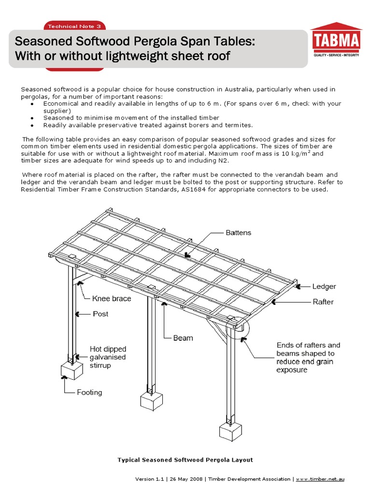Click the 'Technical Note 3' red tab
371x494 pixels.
coord(74,26)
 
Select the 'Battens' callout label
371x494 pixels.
coord(239,233)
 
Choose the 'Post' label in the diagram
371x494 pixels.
coord(100,314)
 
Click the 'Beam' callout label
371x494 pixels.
coord(183,338)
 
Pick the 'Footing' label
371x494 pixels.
coord(89,392)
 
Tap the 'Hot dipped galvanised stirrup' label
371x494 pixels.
coord(108,357)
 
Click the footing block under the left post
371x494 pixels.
coord(71,371)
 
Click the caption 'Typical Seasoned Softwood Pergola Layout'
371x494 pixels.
coord(185,460)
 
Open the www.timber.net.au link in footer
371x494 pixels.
coord(320,479)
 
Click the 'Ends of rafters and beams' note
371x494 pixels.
coord(308,357)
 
